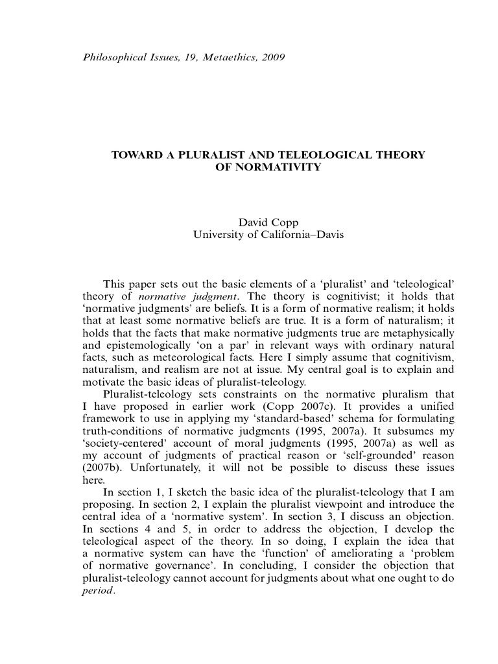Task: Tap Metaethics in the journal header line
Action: [x=223, y=57]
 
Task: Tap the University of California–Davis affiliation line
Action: [x=268, y=235]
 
